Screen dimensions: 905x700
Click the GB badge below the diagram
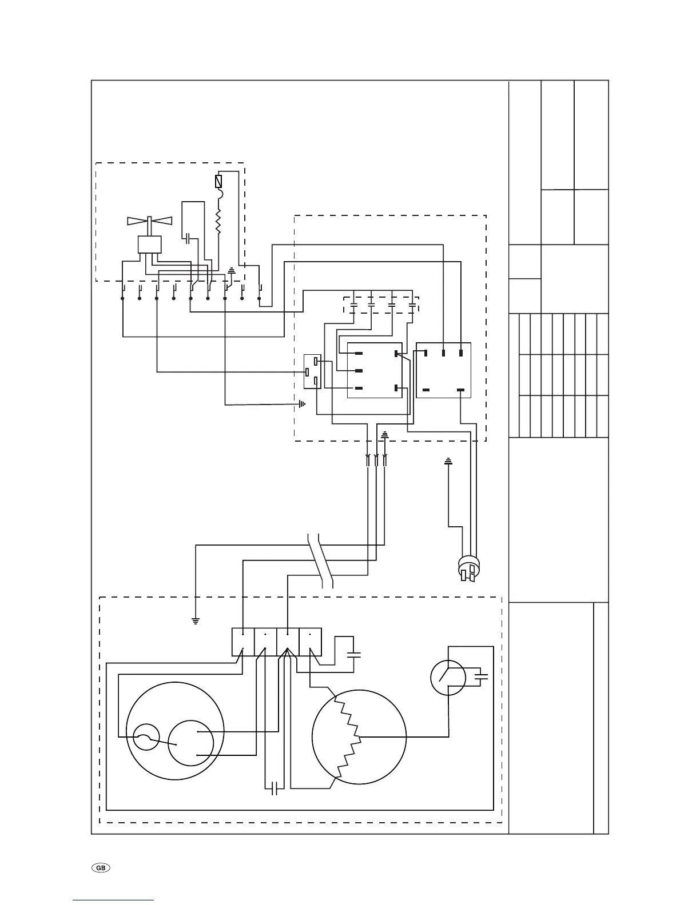(101, 867)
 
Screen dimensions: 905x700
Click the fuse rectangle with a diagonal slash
(218, 182)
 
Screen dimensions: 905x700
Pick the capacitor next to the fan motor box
(189, 237)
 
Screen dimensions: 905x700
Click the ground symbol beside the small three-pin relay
(301, 405)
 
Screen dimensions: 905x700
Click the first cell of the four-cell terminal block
(242, 642)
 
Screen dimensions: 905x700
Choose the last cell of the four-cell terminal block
(309, 642)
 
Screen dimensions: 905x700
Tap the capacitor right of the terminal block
(355, 654)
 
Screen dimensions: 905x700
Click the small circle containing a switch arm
(448, 678)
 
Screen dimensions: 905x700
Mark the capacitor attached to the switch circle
(481, 678)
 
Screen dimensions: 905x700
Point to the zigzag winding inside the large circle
(349, 737)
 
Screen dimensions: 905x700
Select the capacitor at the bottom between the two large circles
(275, 788)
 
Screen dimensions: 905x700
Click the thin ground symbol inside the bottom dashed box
(196, 620)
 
